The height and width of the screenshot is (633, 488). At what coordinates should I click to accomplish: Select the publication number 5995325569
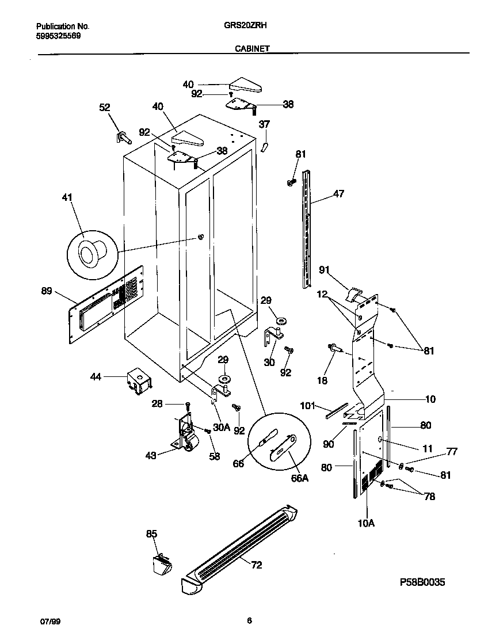(58, 35)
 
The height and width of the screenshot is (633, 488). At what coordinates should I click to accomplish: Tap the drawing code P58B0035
(422, 583)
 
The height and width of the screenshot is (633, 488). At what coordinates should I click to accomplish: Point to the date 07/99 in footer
(49, 621)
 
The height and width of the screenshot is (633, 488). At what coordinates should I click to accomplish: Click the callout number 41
(67, 198)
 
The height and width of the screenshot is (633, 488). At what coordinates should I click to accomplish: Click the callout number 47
(338, 194)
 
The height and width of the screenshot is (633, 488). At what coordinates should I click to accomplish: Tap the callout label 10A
(367, 523)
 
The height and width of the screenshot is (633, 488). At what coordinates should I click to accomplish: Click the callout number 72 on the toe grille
(256, 565)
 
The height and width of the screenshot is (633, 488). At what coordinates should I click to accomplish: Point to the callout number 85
(151, 534)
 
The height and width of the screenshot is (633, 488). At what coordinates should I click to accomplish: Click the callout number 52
(104, 107)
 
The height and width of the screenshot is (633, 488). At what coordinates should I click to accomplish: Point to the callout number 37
(264, 124)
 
